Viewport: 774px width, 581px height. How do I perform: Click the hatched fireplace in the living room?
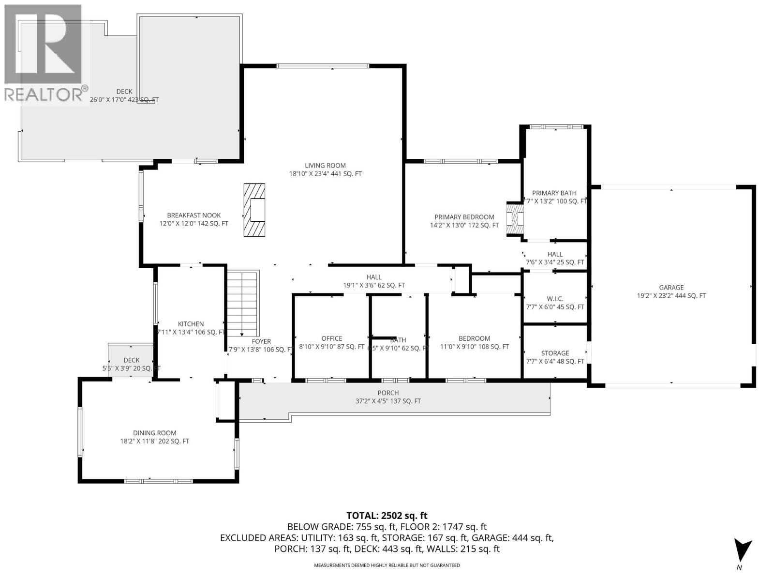254,210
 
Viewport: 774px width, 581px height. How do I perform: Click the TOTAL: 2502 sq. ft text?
387,516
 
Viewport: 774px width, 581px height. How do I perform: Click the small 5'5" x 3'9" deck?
131,360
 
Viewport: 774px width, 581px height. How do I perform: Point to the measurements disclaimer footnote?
387,565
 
